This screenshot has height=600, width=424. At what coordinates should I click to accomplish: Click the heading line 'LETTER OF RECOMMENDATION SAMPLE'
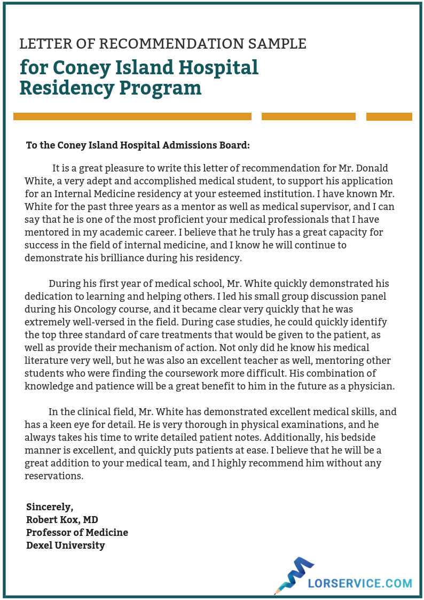[163, 44]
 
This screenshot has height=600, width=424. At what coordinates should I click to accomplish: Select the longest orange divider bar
[132, 116]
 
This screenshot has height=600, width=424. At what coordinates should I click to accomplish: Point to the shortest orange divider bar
[389, 116]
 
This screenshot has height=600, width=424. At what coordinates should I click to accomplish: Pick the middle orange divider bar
[308, 116]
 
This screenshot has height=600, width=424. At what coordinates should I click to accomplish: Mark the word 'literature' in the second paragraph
[46, 360]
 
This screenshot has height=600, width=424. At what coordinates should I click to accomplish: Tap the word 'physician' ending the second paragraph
[374, 386]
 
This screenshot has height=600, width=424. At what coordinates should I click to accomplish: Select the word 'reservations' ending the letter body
[53, 476]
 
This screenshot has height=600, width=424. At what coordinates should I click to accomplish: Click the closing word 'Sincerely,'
[50, 507]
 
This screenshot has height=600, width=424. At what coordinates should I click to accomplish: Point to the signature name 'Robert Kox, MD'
[62, 520]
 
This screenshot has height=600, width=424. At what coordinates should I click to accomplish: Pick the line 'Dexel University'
[65, 546]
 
